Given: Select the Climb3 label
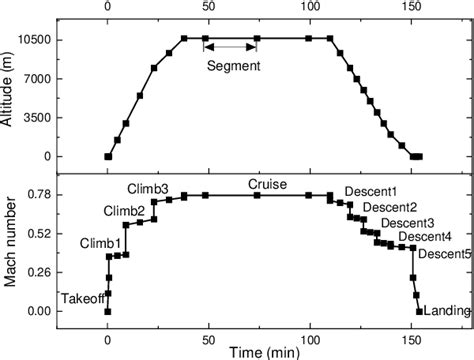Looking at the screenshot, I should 147,189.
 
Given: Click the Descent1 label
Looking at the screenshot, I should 370,192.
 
